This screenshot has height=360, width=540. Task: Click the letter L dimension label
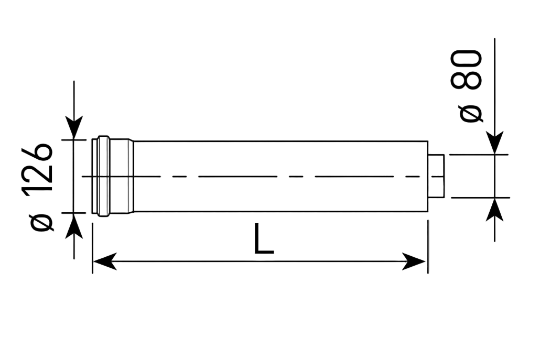[264, 239]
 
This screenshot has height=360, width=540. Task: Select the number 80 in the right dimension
[466, 70]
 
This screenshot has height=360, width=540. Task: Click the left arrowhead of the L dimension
[105, 261]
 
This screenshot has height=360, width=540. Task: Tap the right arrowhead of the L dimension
[414, 261]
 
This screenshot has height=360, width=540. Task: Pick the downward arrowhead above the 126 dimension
[74, 128]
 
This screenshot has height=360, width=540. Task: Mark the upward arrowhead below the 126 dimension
[74, 225]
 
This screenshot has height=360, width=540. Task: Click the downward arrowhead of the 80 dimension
[495, 143]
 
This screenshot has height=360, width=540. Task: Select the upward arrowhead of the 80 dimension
[495, 210]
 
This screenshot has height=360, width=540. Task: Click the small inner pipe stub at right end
[436, 176]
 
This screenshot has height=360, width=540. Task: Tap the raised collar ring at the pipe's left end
[103, 176]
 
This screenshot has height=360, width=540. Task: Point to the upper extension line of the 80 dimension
[479, 155]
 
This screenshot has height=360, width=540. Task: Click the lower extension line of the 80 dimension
[480, 198]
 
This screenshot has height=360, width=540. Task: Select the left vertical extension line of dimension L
[93, 248]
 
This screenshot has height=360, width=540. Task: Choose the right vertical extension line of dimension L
[428, 247]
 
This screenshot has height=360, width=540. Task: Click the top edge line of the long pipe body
[280, 141]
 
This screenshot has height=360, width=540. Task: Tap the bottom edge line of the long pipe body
[280, 211]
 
